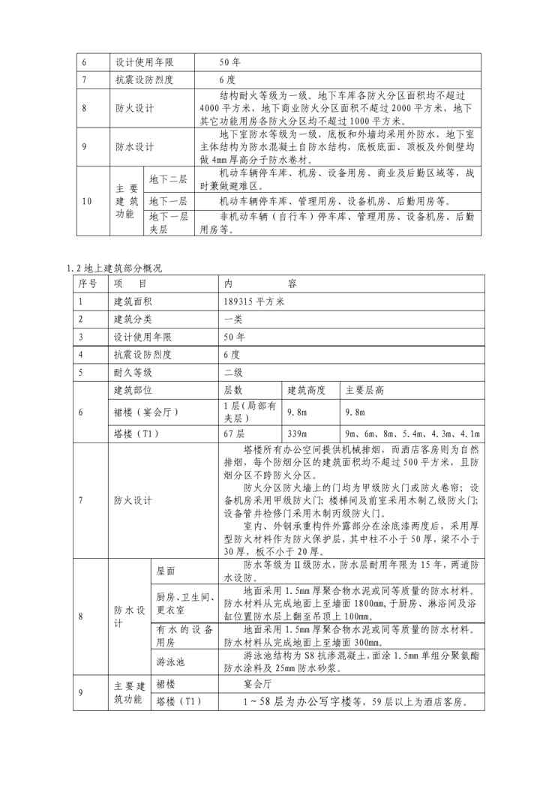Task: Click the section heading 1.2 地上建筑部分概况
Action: (114, 268)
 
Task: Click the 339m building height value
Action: (298, 434)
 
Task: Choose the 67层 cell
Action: (234, 434)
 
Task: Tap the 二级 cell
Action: (233, 372)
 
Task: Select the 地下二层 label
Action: (168, 179)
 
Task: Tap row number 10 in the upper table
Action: (86, 201)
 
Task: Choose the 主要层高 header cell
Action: (364, 391)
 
